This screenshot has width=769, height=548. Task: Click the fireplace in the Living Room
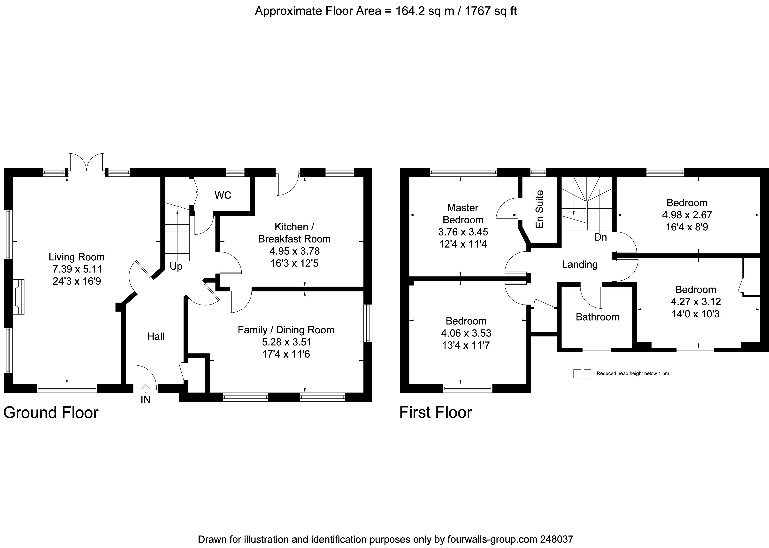19,297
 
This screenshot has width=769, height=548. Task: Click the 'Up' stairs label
176,266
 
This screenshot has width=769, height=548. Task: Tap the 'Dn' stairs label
600,237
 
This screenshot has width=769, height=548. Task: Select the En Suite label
540,209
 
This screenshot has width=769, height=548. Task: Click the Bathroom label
597,317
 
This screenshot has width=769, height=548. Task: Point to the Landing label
579,264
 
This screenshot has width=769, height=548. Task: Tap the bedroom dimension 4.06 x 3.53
466,333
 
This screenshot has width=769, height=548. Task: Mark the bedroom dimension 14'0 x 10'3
695,314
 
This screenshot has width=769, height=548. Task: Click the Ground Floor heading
51,412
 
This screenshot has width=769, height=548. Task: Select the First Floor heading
435,412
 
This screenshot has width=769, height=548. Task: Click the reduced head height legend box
582,374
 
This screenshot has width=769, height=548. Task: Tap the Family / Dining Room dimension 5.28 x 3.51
286,342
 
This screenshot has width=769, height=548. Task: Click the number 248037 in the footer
556,539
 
